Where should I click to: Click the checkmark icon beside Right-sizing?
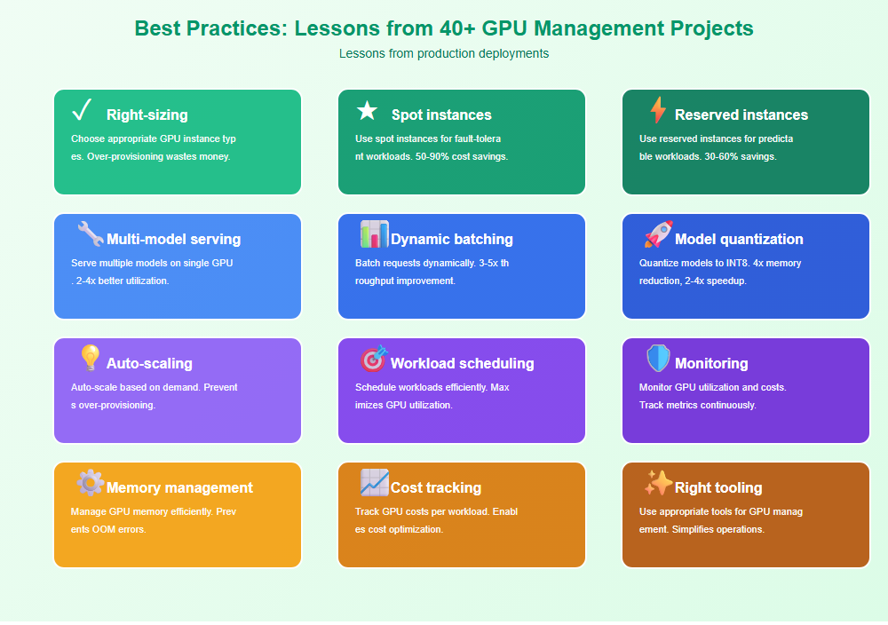(82, 109)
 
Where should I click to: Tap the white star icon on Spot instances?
(367, 110)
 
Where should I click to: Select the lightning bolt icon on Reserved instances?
(657, 110)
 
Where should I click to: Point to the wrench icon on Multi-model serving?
(90, 233)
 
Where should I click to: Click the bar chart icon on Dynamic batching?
(375, 233)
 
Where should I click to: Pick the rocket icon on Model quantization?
(658, 233)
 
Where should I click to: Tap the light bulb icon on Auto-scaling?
(90, 358)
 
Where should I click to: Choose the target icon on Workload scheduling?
(374, 359)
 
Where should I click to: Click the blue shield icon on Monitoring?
(658, 359)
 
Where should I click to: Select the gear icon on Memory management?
(91, 483)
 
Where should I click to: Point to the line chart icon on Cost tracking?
(375, 482)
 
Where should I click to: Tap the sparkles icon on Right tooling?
(658, 483)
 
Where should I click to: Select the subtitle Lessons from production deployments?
(444, 53)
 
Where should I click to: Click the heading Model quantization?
(739, 239)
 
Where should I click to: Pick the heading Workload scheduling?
(462, 363)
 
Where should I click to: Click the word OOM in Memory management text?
(104, 529)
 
